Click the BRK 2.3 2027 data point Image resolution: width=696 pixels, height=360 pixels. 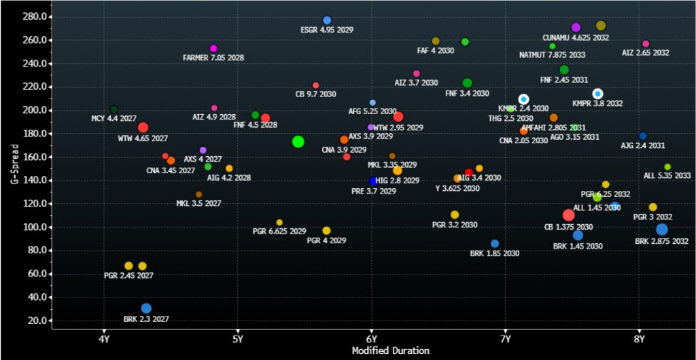(x=146, y=308)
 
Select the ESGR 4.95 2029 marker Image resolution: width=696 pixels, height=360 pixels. (x=327, y=20)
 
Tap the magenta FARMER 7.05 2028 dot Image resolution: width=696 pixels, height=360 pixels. (x=213, y=48)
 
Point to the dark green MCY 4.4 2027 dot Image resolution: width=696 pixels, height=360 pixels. (x=114, y=109)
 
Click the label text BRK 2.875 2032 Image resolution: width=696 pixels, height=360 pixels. (x=661, y=241)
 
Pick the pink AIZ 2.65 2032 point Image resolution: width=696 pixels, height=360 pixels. (x=646, y=43)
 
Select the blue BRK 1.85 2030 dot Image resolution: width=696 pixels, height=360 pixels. (x=495, y=244)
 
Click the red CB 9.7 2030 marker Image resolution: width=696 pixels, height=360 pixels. (x=315, y=86)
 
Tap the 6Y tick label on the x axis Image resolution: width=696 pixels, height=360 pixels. (x=371, y=339)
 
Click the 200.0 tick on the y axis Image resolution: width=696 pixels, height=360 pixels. (x=34, y=110)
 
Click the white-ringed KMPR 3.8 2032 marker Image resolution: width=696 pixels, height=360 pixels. (x=597, y=94)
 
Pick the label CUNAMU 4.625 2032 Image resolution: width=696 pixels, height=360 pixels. (x=576, y=37)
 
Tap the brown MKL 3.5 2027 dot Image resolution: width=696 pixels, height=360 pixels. (x=198, y=194)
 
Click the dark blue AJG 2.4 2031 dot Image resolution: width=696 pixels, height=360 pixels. (x=643, y=136)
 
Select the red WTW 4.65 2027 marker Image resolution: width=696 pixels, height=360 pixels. (x=143, y=128)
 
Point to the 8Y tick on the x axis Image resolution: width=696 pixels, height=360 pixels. (x=639, y=339)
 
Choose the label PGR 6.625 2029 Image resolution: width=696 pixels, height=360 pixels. (x=279, y=231)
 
